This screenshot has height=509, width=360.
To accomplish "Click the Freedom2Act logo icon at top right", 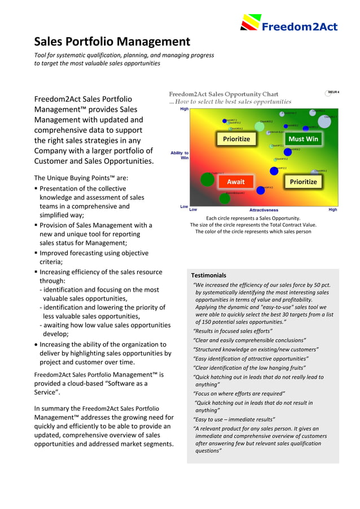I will point(250,22).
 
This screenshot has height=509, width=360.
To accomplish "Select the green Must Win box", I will point(303,139).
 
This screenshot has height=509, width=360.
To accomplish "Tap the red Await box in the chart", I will point(235,182).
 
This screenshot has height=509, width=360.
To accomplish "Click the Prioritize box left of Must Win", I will point(236,139).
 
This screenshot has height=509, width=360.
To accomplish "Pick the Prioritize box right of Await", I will point(303,182).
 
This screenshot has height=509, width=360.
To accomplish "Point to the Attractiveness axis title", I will point(264,210).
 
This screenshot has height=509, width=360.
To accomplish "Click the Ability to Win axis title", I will point(180,155).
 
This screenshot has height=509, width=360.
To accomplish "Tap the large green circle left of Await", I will point(208,179).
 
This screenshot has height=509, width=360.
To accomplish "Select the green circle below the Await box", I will point(225,198).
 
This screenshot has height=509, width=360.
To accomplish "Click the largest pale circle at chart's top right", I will point(324,121).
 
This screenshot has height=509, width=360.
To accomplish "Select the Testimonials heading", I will point(208,275).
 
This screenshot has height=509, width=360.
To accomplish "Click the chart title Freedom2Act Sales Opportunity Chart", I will point(223,94).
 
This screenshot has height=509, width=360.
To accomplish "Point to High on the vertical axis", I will point(184,109).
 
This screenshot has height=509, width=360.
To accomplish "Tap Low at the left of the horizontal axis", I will point(193,209).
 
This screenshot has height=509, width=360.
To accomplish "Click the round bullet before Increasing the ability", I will point(37,344).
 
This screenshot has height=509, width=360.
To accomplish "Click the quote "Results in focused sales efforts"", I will point(232,331).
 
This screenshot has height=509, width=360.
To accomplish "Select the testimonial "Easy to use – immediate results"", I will point(234,419).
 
